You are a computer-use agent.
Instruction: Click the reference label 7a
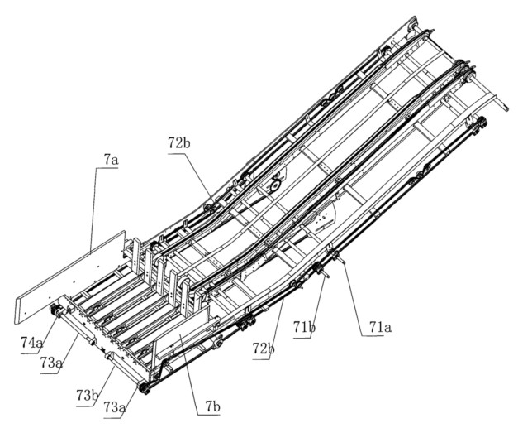tap(111, 161)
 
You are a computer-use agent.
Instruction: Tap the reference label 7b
tap(212, 406)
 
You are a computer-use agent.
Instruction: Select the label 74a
tap(31, 342)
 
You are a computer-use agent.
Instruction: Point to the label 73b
tap(88, 395)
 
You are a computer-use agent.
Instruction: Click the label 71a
tap(380, 327)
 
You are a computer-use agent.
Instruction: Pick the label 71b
tap(304, 327)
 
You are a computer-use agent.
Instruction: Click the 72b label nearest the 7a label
tap(179, 142)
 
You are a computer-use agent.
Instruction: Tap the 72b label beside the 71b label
tap(264, 349)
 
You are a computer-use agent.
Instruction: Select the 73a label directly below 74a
tap(51, 363)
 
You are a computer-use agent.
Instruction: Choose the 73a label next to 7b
tap(115, 407)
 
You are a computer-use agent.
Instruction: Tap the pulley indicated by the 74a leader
tap(55, 311)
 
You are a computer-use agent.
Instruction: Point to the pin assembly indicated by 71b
tap(321, 270)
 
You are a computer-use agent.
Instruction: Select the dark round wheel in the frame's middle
tap(275, 186)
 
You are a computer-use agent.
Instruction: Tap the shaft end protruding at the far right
tap(506, 108)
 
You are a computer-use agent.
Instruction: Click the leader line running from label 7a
tap(93, 209)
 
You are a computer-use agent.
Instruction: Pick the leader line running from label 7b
tap(188, 375)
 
